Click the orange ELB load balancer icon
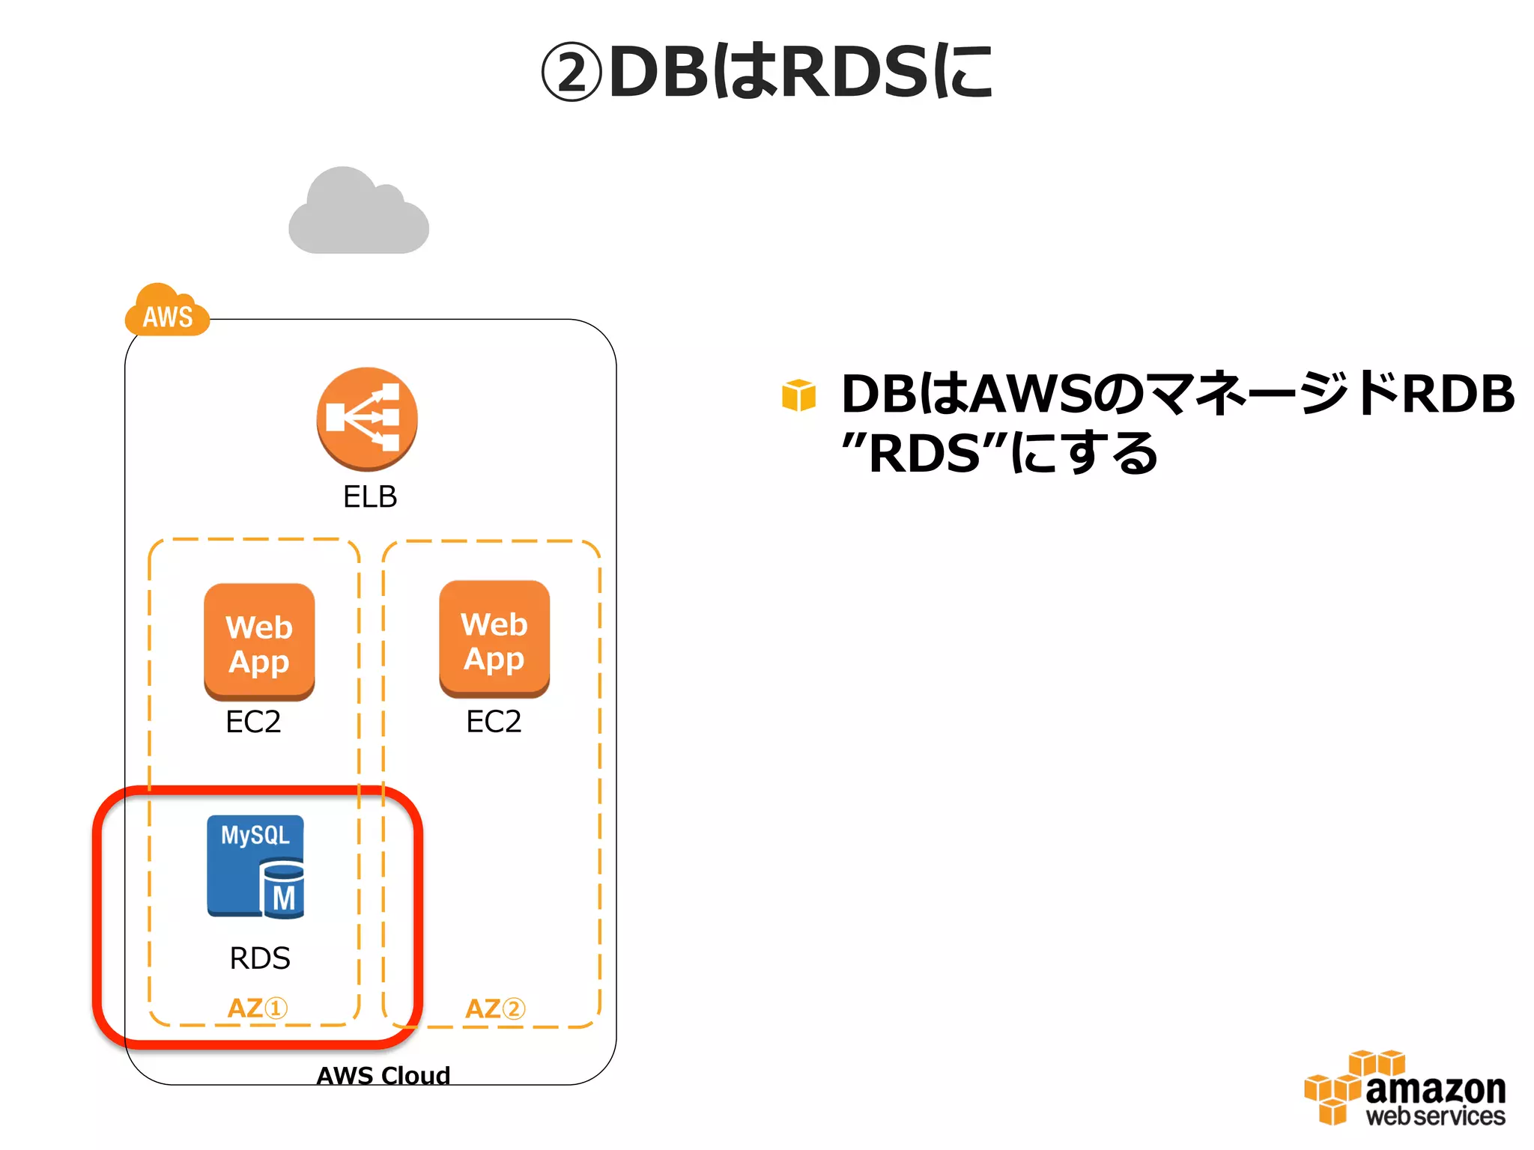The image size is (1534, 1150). coord(367,418)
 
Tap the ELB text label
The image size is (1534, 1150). coord(369,496)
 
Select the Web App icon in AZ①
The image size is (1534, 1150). coord(259,642)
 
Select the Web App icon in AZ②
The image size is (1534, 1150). coord(494,639)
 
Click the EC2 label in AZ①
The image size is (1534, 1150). coord(253,722)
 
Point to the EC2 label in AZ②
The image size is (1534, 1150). coord(494,722)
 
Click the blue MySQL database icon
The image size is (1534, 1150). coord(255,866)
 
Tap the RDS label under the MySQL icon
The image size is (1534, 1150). coord(259,958)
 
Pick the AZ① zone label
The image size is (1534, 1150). coord(257,1008)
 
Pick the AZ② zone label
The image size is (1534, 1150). coord(494,1008)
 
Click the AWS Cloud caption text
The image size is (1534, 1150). coord(383,1075)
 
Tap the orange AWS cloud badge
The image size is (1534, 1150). coord(167,311)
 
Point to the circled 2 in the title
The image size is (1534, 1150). coord(572,73)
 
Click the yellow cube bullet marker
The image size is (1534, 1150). coord(798,395)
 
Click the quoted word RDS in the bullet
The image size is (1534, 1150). coord(924,454)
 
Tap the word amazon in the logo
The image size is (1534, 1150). coord(1435,1089)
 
